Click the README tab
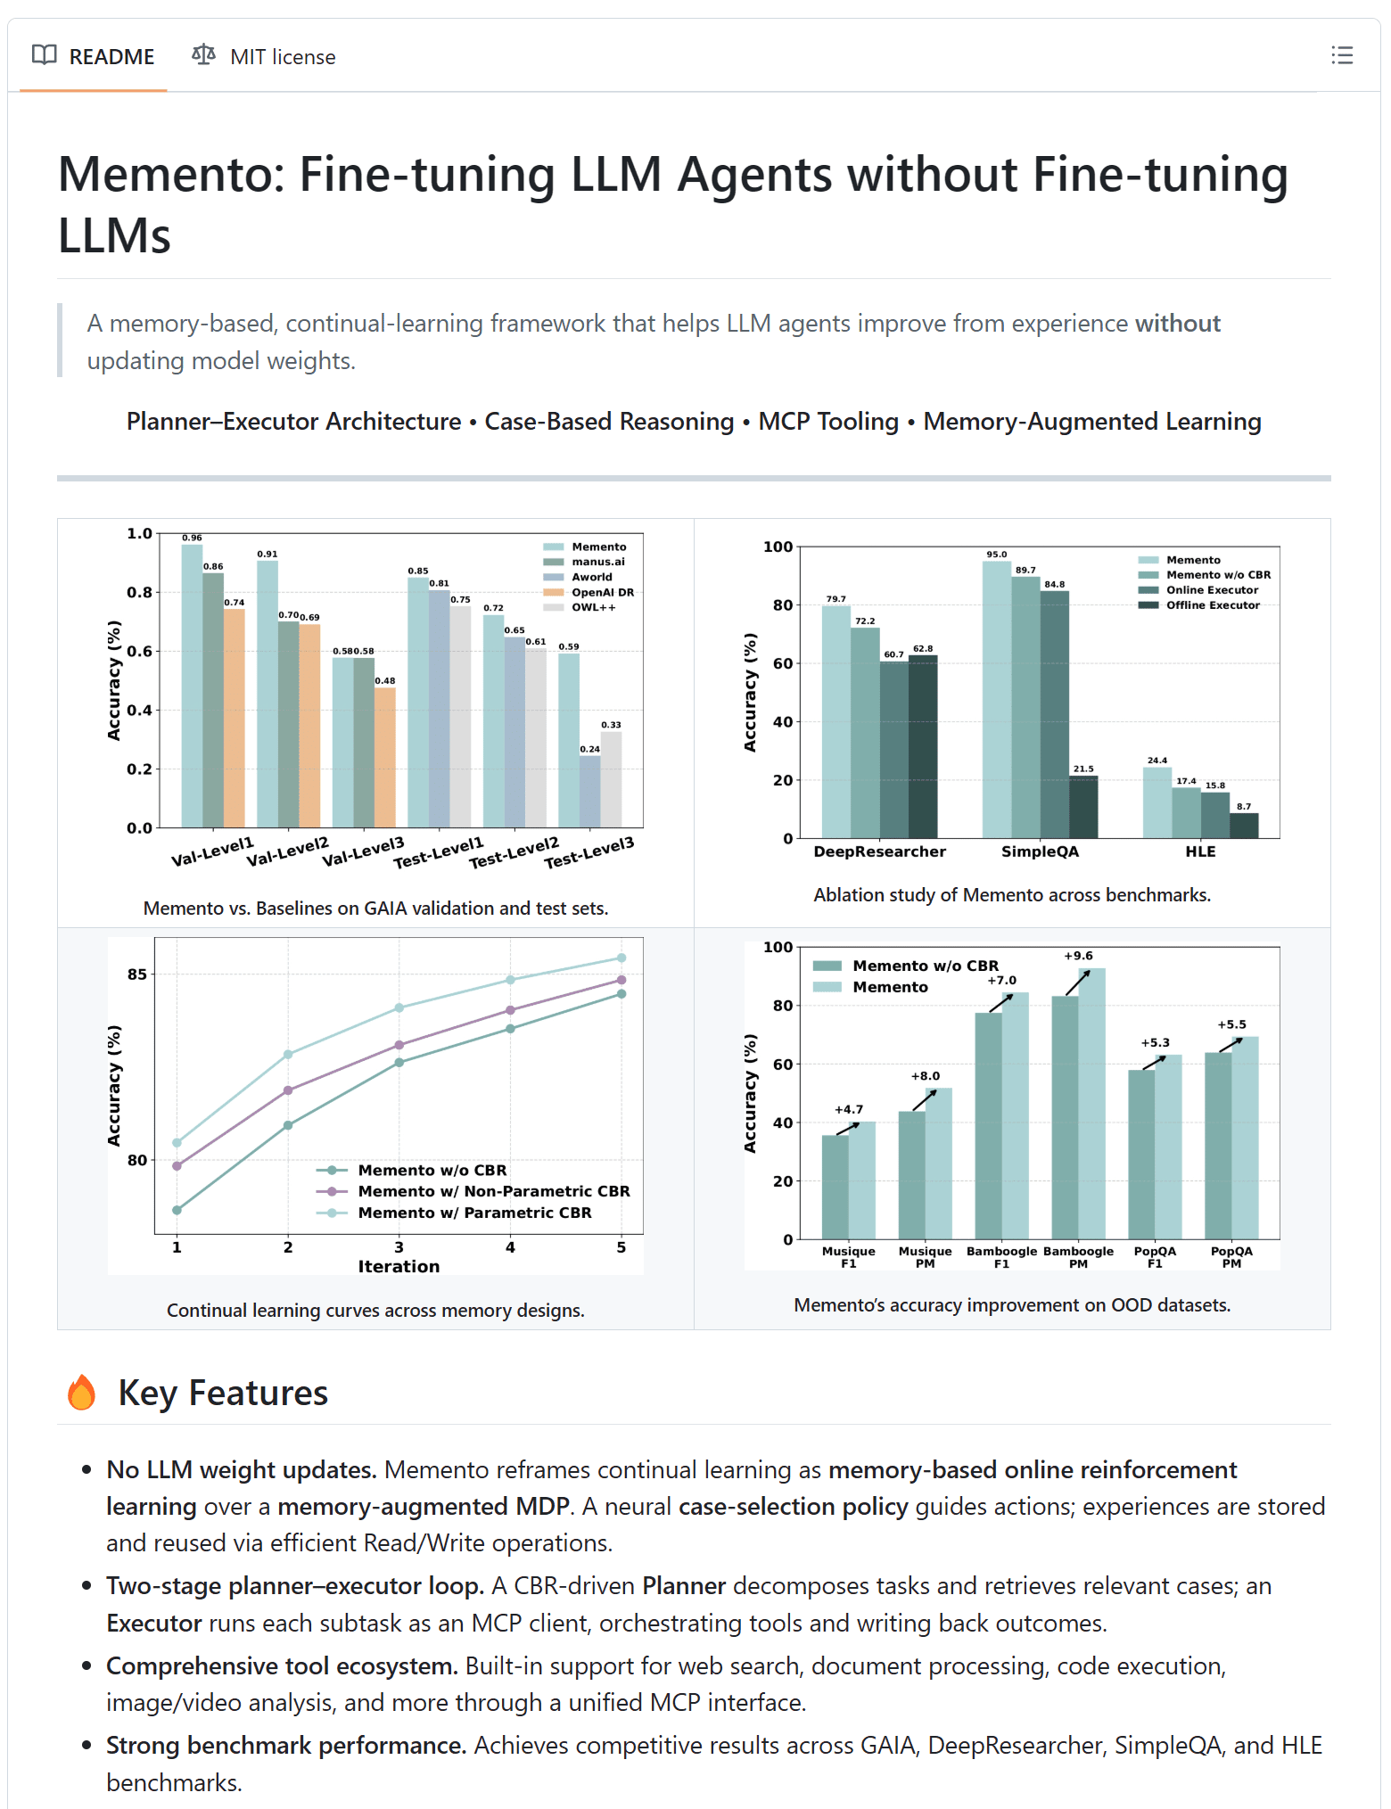tap(94, 57)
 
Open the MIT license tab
tap(264, 57)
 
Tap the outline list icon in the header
tap(1341, 55)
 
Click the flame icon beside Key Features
tap(82, 1392)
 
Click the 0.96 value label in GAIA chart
tap(192, 538)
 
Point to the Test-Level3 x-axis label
tap(589, 852)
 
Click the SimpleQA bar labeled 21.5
tap(1083, 806)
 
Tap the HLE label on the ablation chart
tap(1200, 851)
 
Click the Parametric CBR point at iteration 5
tap(621, 958)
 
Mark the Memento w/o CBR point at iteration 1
tap(177, 1210)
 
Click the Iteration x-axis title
tap(399, 1266)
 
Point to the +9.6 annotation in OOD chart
tap(1078, 956)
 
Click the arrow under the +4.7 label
tap(848, 1128)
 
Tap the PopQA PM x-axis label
tap(1231, 1257)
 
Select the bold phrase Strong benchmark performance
tap(286, 1745)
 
